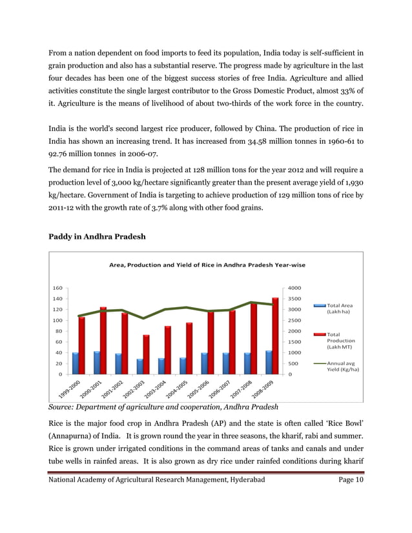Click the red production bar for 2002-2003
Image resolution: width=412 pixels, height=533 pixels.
point(147,354)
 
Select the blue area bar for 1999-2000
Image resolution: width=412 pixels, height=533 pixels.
point(76,363)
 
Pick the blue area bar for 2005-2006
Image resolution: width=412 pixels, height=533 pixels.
point(204,363)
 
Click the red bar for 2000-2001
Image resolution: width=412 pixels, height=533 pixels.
point(103,340)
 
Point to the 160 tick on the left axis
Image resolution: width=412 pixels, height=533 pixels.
point(57,288)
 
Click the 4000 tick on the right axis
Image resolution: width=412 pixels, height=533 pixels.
point(294,288)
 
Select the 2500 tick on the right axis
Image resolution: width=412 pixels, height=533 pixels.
point(294,320)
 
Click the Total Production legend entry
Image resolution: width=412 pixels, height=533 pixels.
point(341,341)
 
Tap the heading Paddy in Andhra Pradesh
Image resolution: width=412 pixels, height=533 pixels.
point(98,237)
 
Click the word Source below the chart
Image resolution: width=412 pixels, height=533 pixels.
point(63,407)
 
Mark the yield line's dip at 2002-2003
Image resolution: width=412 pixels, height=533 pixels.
point(143,318)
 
